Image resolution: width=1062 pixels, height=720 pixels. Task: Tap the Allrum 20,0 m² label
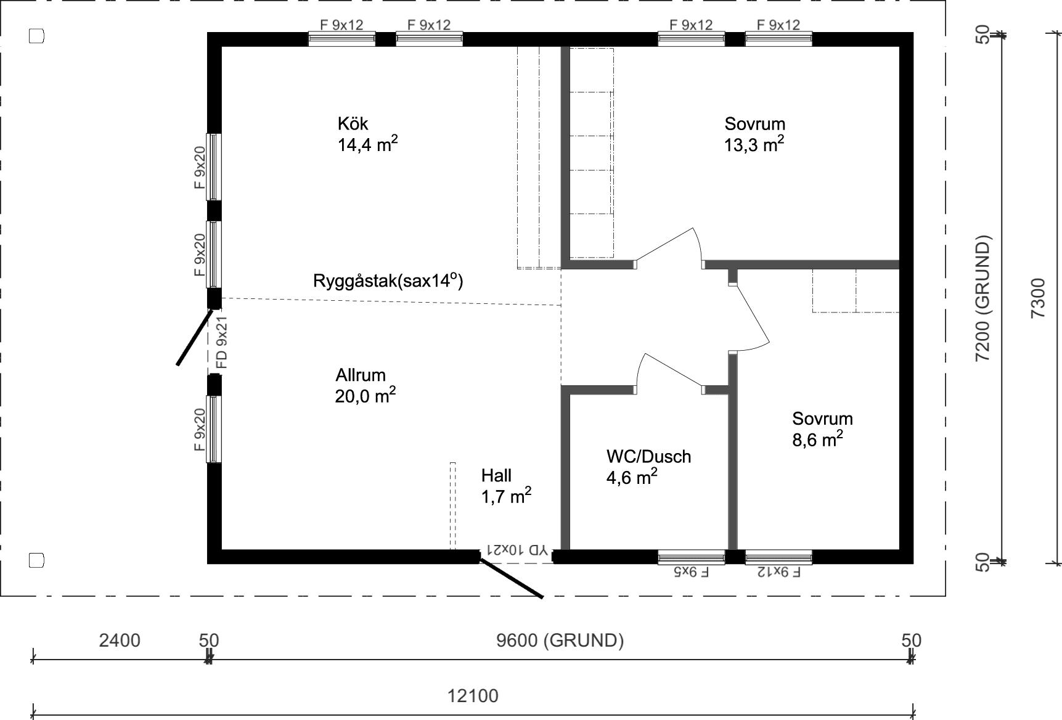pyautogui.click(x=364, y=386)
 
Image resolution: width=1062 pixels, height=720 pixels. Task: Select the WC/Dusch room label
pyautogui.click(x=648, y=467)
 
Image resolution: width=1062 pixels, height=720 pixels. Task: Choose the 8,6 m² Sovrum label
pyautogui.click(x=822, y=429)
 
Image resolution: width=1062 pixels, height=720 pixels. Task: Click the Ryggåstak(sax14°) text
pyautogui.click(x=388, y=281)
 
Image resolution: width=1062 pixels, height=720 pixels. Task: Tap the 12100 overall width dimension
pyautogui.click(x=472, y=697)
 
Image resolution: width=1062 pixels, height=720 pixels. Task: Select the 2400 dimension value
pyautogui.click(x=120, y=640)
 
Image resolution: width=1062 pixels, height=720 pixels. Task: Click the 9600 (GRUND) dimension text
pyautogui.click(x=560, y=640)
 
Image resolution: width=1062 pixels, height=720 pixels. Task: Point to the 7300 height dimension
pyautogui.click(x=1038, y=298)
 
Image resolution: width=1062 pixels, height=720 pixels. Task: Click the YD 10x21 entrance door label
pyautogui.click(x=517, y=549)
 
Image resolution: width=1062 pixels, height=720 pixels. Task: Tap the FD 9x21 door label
pyautogui.click(x=222, y=342)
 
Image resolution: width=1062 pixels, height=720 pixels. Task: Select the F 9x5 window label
pyautogui.click(x=692, y=572)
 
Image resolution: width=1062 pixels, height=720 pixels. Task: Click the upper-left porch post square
pyautogui.click(x=37, y=36)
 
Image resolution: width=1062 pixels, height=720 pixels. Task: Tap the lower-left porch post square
pyautogui.click(x=37, y=560)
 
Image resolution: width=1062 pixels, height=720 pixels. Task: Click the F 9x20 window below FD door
pyautogui.click(x=213, y=429)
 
